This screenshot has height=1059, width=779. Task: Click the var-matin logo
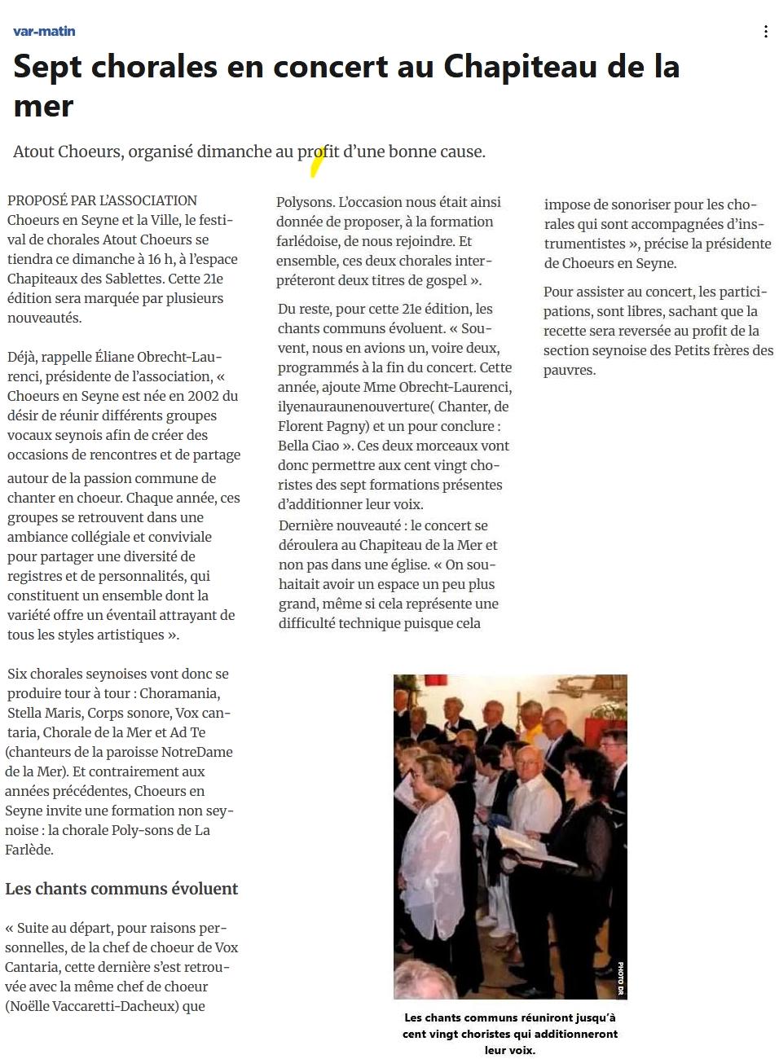44,31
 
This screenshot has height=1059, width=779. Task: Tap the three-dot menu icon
765,32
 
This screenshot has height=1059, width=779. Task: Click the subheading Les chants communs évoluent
121,889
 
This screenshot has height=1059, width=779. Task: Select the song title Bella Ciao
309,446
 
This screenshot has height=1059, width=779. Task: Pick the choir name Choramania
178,693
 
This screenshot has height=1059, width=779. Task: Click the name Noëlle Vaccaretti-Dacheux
91,1006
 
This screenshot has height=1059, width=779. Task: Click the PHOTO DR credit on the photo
620,978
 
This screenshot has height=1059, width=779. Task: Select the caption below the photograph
509,1033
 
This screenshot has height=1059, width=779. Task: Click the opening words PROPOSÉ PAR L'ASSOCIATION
102,200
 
